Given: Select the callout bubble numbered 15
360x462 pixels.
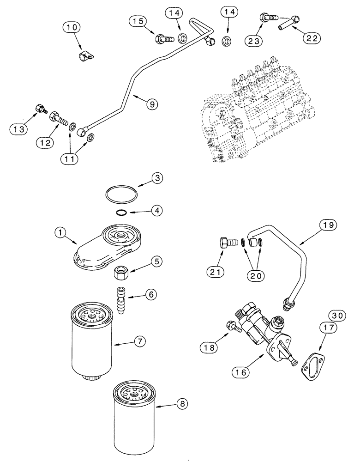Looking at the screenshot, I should (139, 21).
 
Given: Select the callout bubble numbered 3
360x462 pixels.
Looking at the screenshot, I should (157, 177).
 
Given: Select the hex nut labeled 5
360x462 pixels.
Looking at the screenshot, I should (121, 273).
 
